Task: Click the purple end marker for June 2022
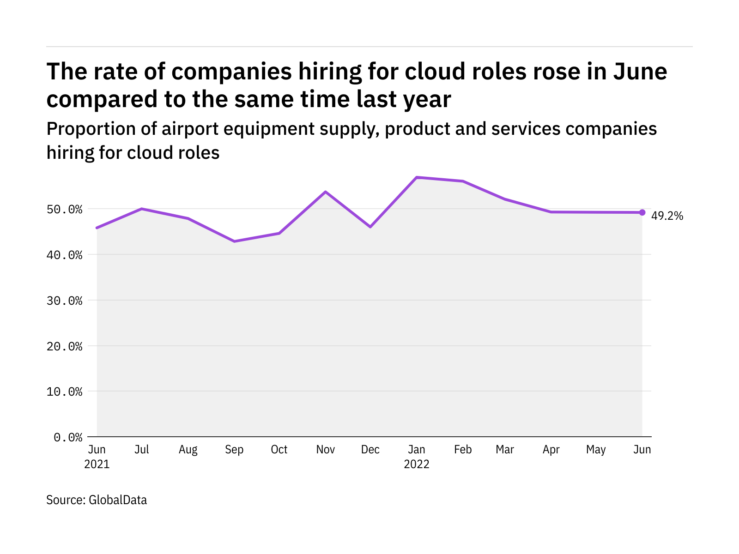click(x=642, y=212)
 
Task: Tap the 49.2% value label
click(x=667, y=216)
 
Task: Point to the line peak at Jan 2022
click(x=417, y=177)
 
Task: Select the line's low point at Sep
click(x=235, y=241)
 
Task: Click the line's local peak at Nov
click(x=326, y=192)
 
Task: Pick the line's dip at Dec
click(x=370, y=227)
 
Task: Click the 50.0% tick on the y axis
click(x=65, y=210)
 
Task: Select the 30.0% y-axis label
click(x=65, y=301)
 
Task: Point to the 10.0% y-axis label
click(x=65, y=392)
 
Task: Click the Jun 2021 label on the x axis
click(x=97, y=457)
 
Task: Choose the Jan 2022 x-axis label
click(x=417, y=457)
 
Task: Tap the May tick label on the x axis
click(x=596, y=450)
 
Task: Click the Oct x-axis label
click(x=279, y=450)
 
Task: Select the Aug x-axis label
click(x=188, y=450)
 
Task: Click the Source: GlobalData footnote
click(x=97, y=500)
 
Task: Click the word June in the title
click(x=640, y=72)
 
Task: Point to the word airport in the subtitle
click(x=190, y=129)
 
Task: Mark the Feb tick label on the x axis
click(x=463, y=450)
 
